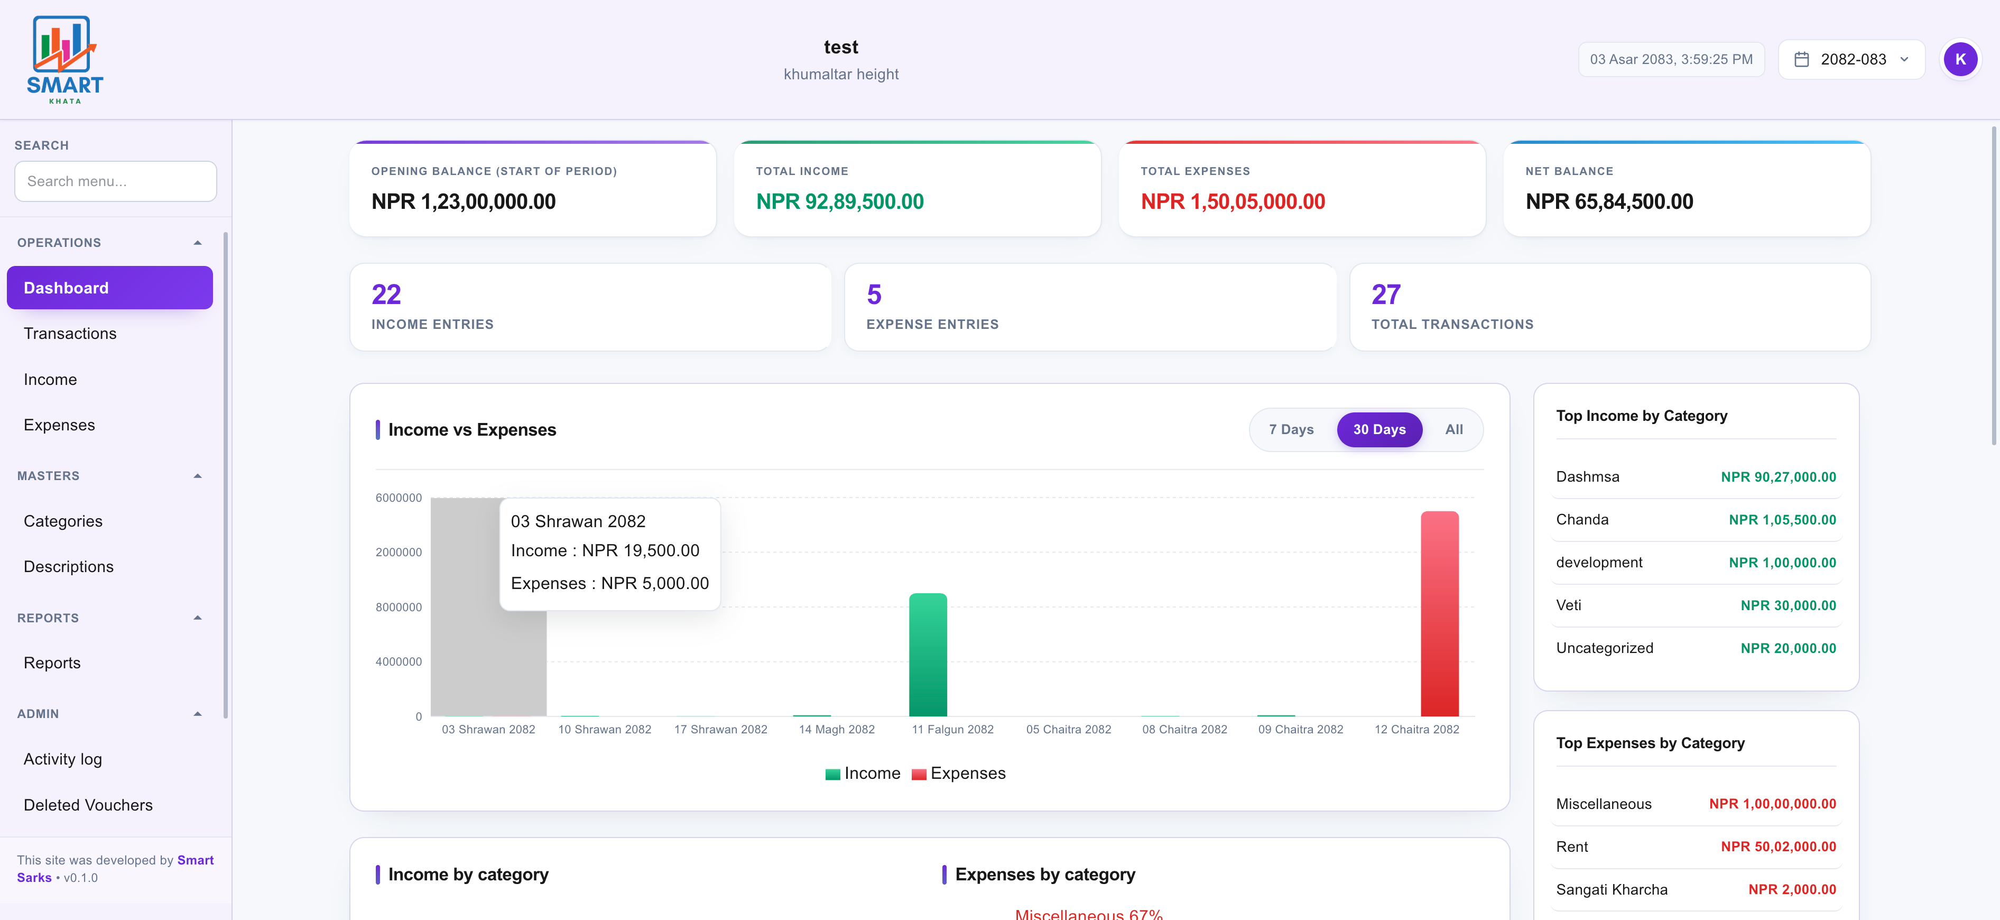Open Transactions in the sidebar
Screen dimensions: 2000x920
[70, 334]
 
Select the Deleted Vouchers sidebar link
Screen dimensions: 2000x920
[88, 805]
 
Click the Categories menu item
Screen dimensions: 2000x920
[63, 521]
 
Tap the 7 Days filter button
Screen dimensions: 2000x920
[1291, 429]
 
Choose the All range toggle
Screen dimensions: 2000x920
[1453, 429]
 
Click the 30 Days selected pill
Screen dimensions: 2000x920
[1379, 429]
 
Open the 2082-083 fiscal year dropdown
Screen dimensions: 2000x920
[1851, 60]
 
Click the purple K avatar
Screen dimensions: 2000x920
[1960, 60]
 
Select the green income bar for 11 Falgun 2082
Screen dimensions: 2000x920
[928, 655]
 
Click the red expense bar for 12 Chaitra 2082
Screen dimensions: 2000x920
[1439, 613]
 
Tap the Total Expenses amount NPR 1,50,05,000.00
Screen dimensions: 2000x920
[1232, 202]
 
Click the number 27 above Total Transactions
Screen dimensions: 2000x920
[1386, 295]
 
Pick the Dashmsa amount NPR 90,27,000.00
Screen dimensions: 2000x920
[1778, 477]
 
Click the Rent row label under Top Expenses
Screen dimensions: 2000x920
[1571, 847]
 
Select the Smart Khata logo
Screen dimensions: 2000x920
[65, 60]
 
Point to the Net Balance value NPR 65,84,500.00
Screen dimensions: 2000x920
[1609, 202]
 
